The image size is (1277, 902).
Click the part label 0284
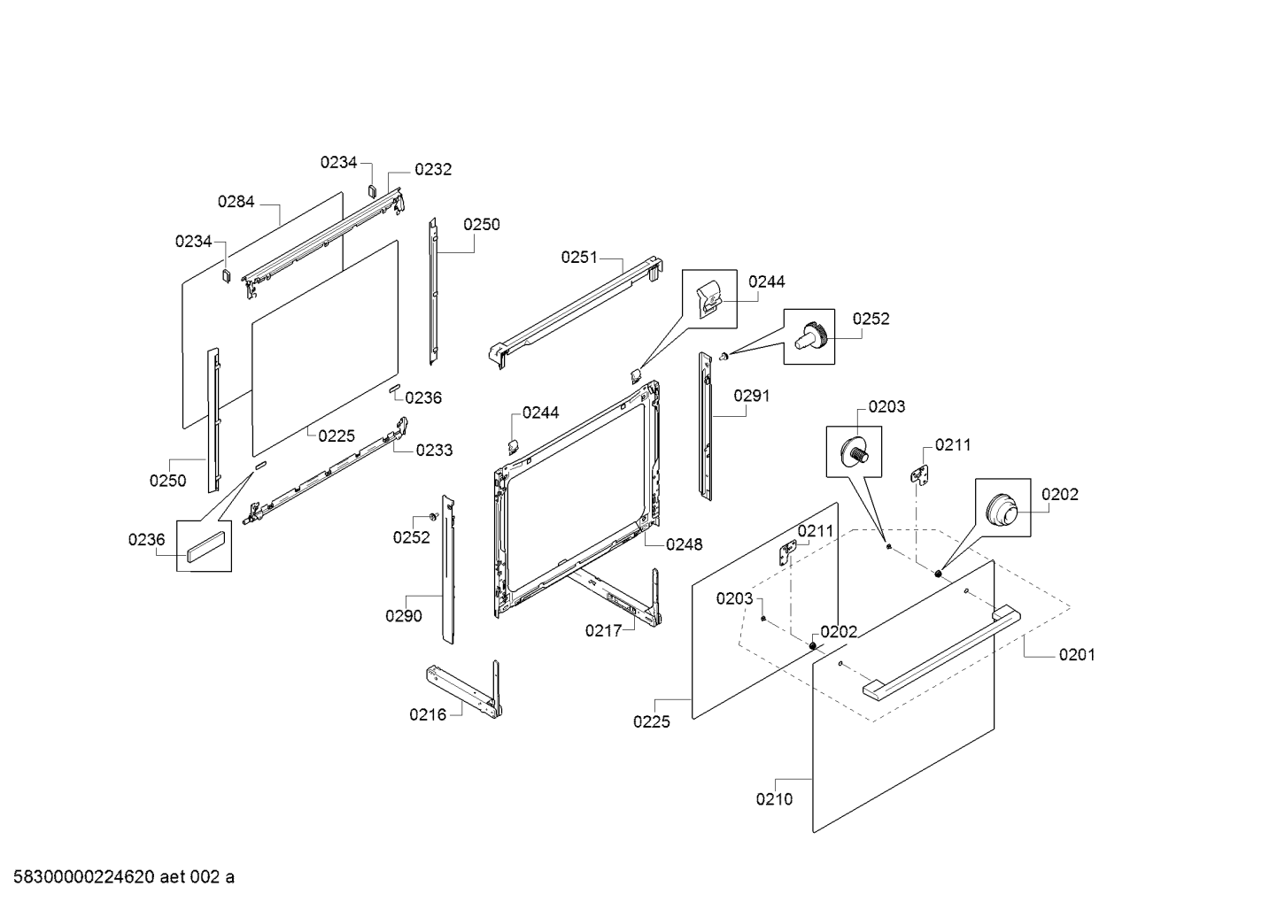coord(236,202)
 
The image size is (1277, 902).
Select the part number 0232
coord(433,169)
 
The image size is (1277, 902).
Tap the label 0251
coord(579,258)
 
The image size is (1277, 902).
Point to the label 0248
coord(684,544)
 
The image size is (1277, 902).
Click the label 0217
coord(604,631)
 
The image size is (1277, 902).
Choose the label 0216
coord(428,714)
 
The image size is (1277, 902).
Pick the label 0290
coord(404,615)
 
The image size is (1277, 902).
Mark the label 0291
coord(751,396)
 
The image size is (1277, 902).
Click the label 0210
coord(774,799)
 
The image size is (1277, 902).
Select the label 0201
coord(1077,655)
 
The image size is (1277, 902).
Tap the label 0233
coord(434,451)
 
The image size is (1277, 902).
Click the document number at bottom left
coord(124,877)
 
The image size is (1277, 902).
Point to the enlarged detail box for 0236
coord(204,546)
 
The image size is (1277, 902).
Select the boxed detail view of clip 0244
coord(709,299)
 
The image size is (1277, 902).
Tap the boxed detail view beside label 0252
coord(809,336)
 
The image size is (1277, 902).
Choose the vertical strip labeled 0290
coord(449,569)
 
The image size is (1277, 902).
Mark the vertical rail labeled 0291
coord(706,426)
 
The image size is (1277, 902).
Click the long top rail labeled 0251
coord(577,312)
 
